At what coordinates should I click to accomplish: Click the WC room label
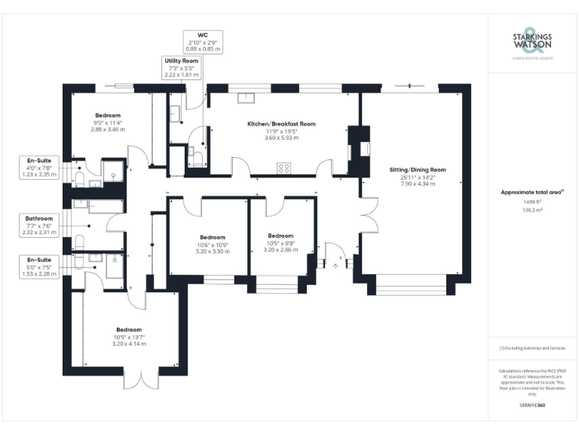pos(202,35)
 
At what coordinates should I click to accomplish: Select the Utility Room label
pos(181,60)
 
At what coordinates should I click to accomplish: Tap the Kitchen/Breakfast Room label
pos(281,124)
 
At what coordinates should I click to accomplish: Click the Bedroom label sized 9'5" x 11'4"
pos(107,116)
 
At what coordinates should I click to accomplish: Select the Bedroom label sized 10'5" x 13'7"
pos(129,330)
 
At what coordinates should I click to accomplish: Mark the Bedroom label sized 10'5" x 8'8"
pos(280,235)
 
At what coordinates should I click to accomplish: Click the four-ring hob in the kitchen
pos(285,168)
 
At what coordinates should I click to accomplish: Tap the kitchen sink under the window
pos(247,97)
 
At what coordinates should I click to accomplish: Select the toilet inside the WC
pos(197,156)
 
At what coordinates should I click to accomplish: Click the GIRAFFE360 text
pos(532,406)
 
